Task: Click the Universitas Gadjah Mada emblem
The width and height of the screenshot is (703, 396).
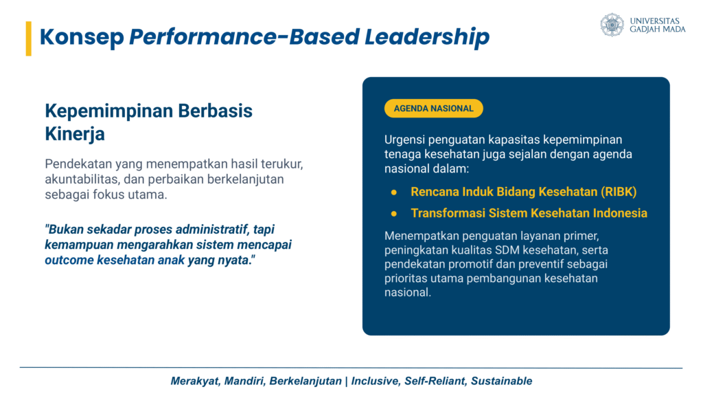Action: tap(612, 25)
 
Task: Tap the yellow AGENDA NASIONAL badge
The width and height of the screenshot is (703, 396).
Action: tap(434, 108)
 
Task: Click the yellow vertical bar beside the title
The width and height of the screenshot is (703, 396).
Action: tap(29, 38)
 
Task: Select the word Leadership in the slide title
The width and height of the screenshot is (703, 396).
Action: tap(427, 37)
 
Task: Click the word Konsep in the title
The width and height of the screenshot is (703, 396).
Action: tap(82, 37)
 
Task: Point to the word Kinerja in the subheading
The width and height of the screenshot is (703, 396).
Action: tap(75, 134)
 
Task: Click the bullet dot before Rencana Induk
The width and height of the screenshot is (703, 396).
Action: tap(393, 192)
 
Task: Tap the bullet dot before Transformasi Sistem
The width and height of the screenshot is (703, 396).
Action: tap(393, 214)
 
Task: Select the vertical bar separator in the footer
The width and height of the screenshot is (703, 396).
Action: tap(346, 382)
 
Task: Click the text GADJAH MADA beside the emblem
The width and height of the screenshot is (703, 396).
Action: tap(658, 29)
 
